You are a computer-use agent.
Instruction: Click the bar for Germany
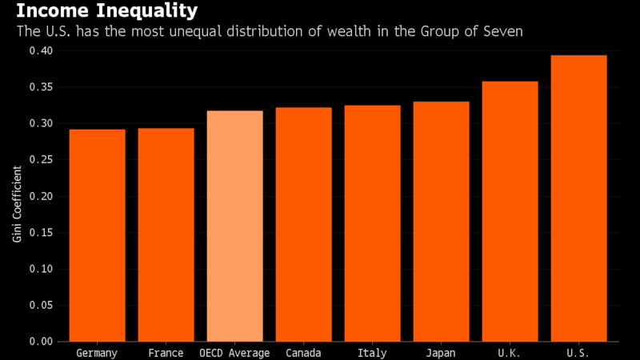pos(97,235)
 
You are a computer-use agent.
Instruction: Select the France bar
pos(166,235)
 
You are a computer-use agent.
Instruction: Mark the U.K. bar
pos(510,211)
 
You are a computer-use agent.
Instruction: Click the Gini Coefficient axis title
pos(16,197)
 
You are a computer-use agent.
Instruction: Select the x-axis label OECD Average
pos(234,353)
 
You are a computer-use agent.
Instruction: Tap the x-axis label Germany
pos(97,353)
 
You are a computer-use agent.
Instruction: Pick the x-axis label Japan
pos(441,353)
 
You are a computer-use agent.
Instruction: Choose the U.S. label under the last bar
pos(578,353)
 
